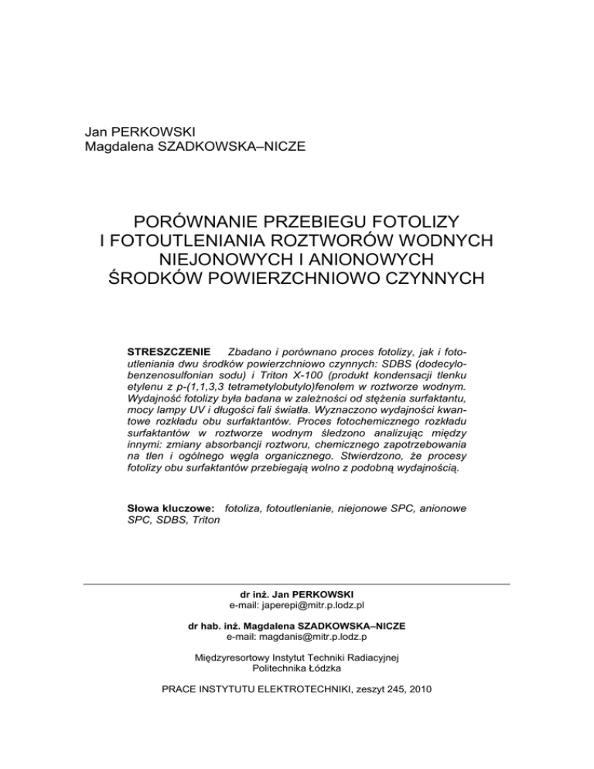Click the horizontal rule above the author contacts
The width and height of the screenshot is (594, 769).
pos(296,583)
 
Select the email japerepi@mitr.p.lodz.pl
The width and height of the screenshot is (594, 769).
pos(298,604)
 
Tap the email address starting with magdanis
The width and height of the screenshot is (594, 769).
pos(297,637)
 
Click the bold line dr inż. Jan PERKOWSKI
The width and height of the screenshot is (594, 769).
pos(298,593)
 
